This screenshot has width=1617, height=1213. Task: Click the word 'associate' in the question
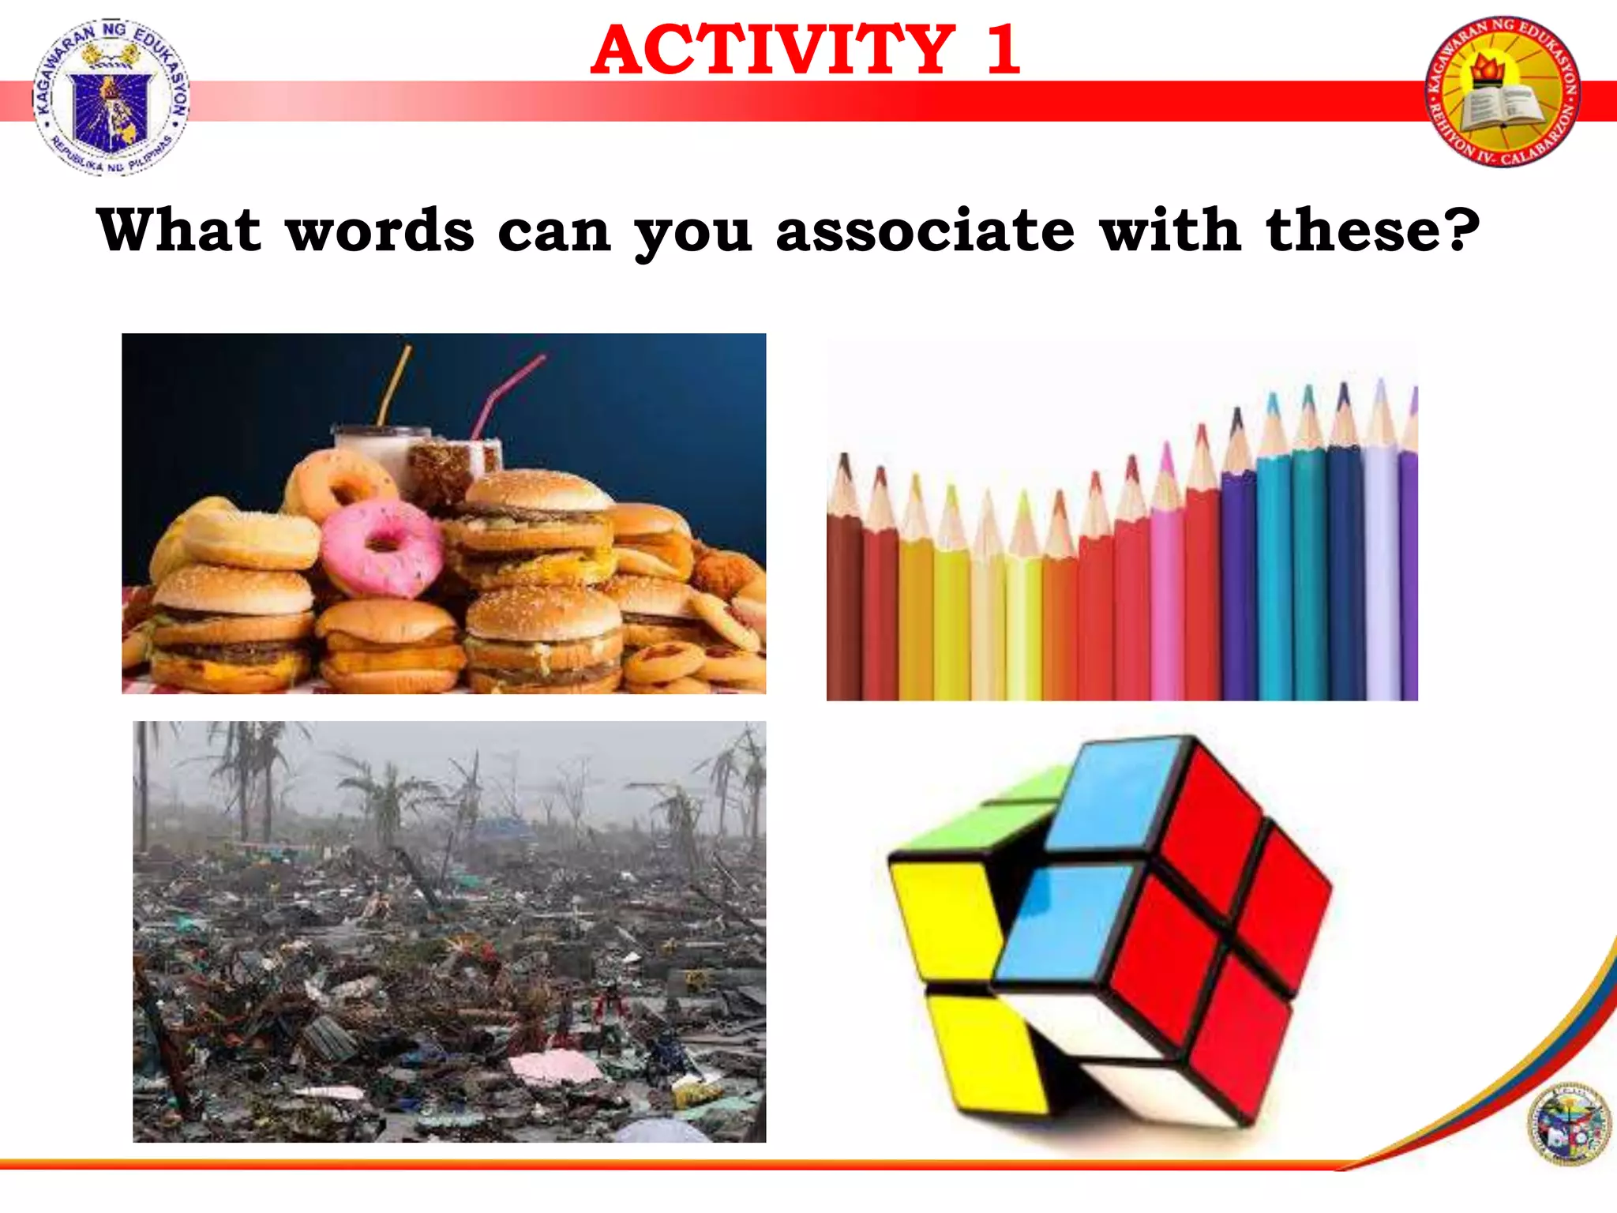point(925,231)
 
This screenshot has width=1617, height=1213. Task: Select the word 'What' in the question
point(178,230)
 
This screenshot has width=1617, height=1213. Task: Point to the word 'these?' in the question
point(1372,230)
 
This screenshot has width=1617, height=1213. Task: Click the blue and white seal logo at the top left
point(111,96)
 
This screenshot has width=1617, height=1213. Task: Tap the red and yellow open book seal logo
point(1503,91)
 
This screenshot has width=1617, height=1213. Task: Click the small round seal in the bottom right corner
point(1568,1124)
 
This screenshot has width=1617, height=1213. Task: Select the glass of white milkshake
point(377,454)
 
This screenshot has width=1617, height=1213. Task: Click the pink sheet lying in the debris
point(557,1067)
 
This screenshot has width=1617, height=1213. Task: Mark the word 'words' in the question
point(380,231)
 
